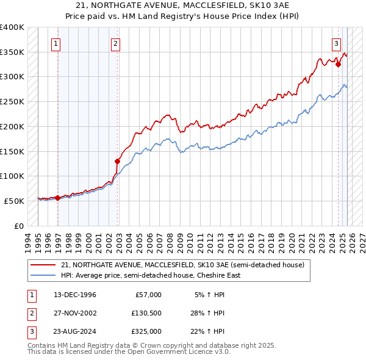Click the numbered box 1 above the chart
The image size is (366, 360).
tap(56, 43)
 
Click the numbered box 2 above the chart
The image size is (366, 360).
tap(115, 43)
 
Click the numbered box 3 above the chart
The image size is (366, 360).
tap(336, 43)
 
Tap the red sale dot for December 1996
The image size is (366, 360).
tap(58, 198)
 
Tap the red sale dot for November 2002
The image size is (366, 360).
tap(118, 161)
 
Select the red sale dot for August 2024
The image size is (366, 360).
tap(338, 63)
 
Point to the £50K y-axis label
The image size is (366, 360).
tap(14, 201)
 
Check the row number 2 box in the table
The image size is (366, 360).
tap(30, 313)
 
